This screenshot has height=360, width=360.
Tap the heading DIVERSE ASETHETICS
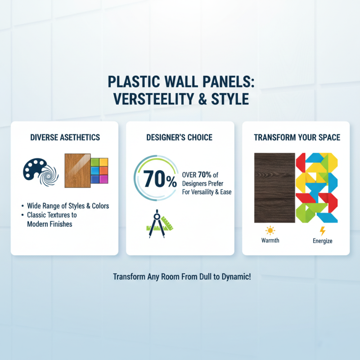click(x=64, y=138)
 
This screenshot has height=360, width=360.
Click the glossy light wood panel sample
click(x=77, y=171)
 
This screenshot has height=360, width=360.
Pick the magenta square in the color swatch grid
click(x=104, y=179)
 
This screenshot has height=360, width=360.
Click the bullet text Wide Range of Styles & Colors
click(x=68, y=206)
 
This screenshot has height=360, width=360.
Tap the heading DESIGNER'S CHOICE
click(x=180, y=138)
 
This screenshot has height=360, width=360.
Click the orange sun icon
click(x=270, y=231)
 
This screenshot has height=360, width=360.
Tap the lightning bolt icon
click(x=322, y=231)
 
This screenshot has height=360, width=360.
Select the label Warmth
click(x=270, y=240)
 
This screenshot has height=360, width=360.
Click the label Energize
click(x=322, y=241)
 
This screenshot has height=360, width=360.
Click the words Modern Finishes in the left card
click(x=49, y=224)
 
